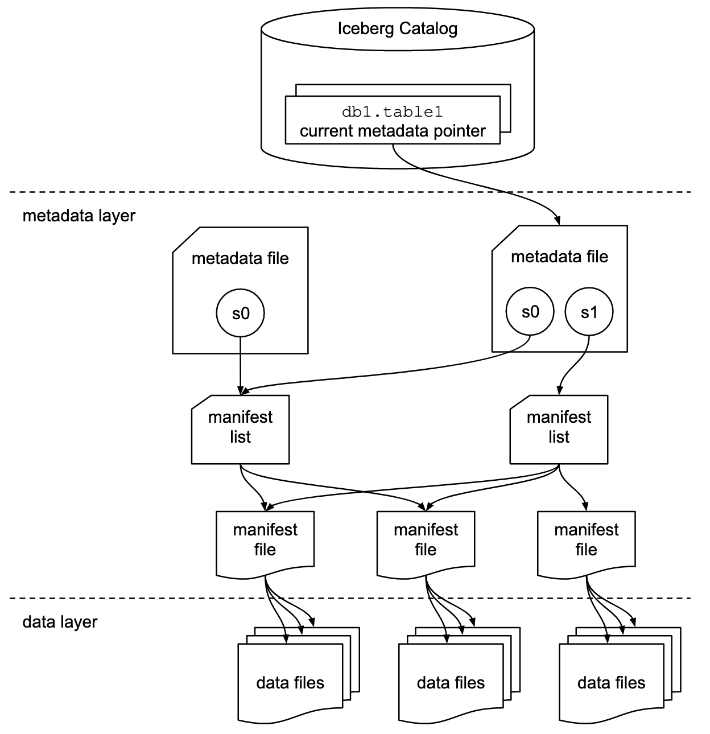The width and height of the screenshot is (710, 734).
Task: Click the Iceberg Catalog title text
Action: pyautogui.click(x=397, y=28)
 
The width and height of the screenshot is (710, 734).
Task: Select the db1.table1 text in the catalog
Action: pyautogui.click(x=392, y=112)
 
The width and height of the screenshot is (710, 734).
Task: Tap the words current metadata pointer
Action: pyautogui.click(x=393, y=131)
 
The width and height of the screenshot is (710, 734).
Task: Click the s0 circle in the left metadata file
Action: pyautogui.click(x=240, y=314)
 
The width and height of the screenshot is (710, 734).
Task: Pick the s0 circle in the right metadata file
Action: pyautogui.click(x=530, y=312)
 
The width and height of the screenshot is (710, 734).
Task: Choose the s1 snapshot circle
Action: pyautogui.click(x=589, y=312)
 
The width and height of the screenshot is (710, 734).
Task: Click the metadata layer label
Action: pyautogui.click(x=79, y=216)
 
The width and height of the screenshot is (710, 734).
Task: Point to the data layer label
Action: pyautogui.click(x=60, y=622)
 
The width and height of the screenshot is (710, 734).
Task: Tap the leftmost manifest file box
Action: pyautogui.click(x=265, y=541)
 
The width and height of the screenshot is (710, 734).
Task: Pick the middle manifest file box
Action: pyautogui.click(x=426, y=541)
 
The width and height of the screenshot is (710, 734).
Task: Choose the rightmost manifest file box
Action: pyautogui.click(x=586, y=541)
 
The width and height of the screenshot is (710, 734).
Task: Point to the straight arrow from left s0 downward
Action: pyautogui.click(x=240, y=364)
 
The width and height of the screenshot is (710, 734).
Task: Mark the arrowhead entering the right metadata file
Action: pyautogui.click(x=559, y=221)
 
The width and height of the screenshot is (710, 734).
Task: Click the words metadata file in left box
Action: pyautogui.click(x=240, y=258)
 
